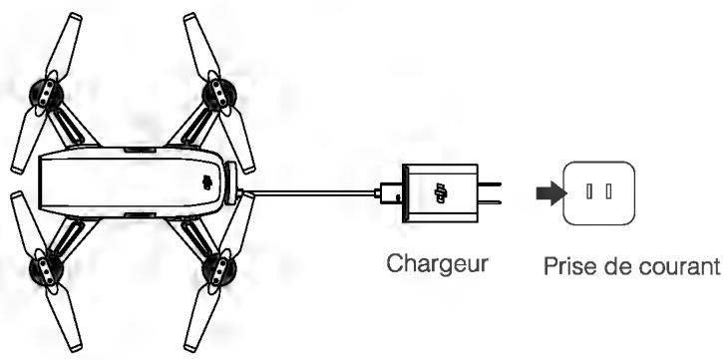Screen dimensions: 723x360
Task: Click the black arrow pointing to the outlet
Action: pos(546,190)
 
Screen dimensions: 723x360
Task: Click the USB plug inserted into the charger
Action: pos(391,191)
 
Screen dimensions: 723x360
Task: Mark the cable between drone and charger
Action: pos(309,190)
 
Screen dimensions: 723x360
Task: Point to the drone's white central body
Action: pos(130,182)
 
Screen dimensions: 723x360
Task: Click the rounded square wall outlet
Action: pos(596,190)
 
